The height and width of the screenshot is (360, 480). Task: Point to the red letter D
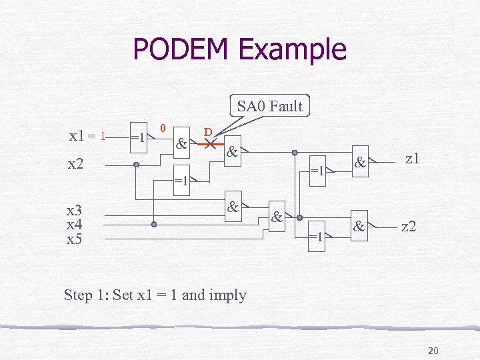[208, 132]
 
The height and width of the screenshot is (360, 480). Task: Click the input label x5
[74, 238]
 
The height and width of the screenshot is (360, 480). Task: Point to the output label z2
[409, 227]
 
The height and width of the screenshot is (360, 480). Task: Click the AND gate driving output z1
[360, 162]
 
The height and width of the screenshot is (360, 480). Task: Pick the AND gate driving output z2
[360, 227]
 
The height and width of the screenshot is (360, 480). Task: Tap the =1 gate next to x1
[139, 138]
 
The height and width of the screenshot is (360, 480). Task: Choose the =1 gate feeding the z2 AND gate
[315, 236]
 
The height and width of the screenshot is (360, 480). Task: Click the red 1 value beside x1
[102, 137]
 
